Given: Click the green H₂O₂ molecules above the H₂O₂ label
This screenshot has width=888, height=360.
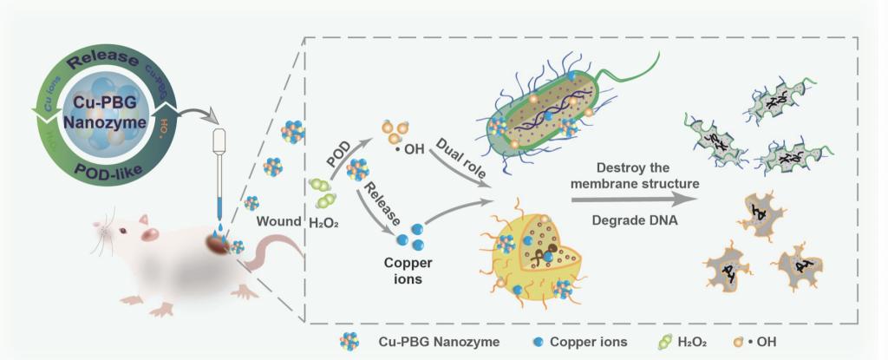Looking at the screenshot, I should point(322,192).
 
